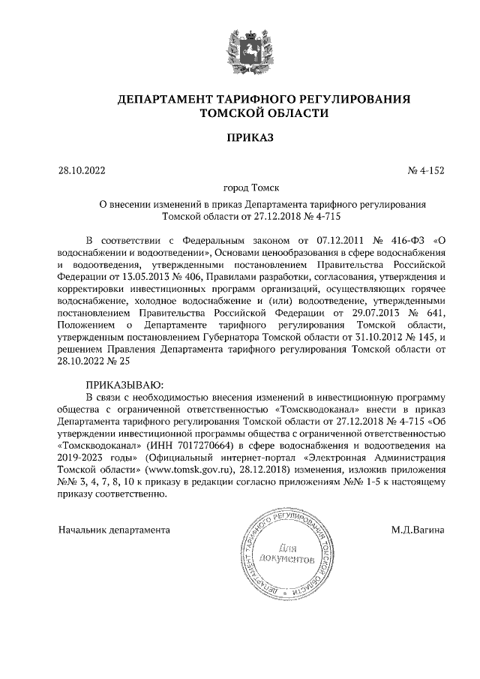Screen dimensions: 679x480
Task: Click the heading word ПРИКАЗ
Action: click(240, 137)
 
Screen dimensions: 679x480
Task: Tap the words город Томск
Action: click(240, 188)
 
